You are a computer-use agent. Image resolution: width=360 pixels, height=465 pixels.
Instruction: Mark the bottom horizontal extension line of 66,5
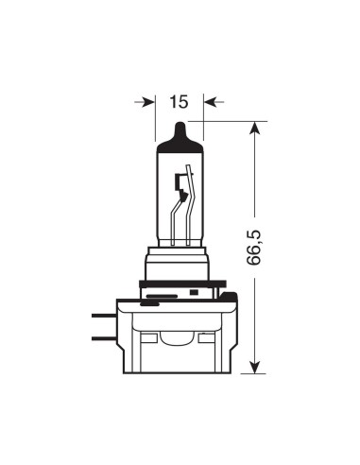click(x=227, y=372)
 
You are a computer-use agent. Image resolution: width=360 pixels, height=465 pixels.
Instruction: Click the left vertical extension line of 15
click(x=154, y=113)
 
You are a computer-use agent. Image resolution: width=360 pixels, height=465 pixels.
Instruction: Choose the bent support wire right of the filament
click(x=192, y=203)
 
